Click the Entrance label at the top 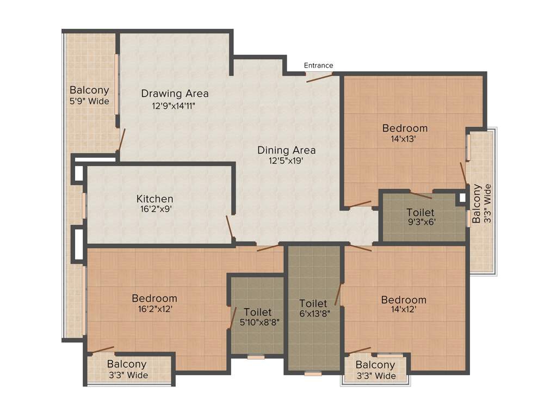point(318,65)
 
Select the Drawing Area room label point(175,94)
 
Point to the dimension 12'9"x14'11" point(174,106)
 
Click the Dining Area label point(286,150)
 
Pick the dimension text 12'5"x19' point(286,161)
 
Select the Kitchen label point(154,199)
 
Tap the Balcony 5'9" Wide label point(89,95)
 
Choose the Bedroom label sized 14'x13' point(405,128)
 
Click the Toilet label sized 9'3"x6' point(420,212)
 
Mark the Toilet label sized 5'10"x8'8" point(258,312)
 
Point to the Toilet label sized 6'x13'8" point(313,303)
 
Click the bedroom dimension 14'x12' point(404,310)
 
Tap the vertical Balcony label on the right point(476,204)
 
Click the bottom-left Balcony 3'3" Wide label point(127,370)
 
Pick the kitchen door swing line point(231,228)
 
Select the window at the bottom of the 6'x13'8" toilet point(313,374)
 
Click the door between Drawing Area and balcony point(122,139)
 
